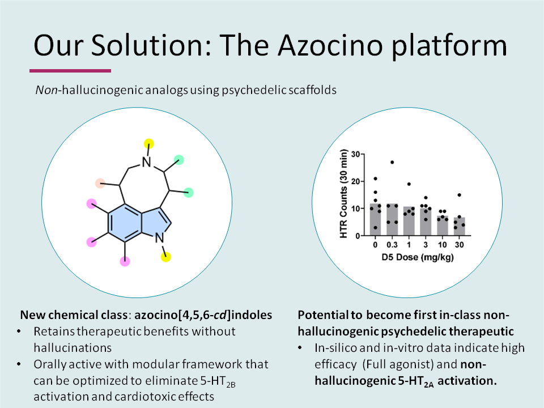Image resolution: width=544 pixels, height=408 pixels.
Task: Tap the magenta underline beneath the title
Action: pyautogui.click(x=70, y=71)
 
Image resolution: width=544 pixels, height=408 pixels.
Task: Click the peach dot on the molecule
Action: pyautogui.click(x=100, y=182)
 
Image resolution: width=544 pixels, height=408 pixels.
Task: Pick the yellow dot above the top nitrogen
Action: pyautogui.click(x=148, y=142)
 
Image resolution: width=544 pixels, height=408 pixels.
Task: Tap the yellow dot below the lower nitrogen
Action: pyautogui.click(x=165, y=257)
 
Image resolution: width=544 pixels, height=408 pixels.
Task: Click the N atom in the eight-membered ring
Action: pyautogui.click(x=147, y=163)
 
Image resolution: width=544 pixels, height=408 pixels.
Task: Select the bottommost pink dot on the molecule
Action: pyautogui.click(x=125, y=261)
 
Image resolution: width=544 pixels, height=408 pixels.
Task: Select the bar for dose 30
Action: pyautogui.click(x=459, y=226)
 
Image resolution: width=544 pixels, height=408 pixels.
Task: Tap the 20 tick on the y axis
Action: pyautogui.click(x=357, y=181)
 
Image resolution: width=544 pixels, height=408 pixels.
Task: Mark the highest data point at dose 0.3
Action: pyautogui.click(x=392, y=162)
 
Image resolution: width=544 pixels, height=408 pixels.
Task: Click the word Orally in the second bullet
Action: pyautogui.click(x=49, y=364)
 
